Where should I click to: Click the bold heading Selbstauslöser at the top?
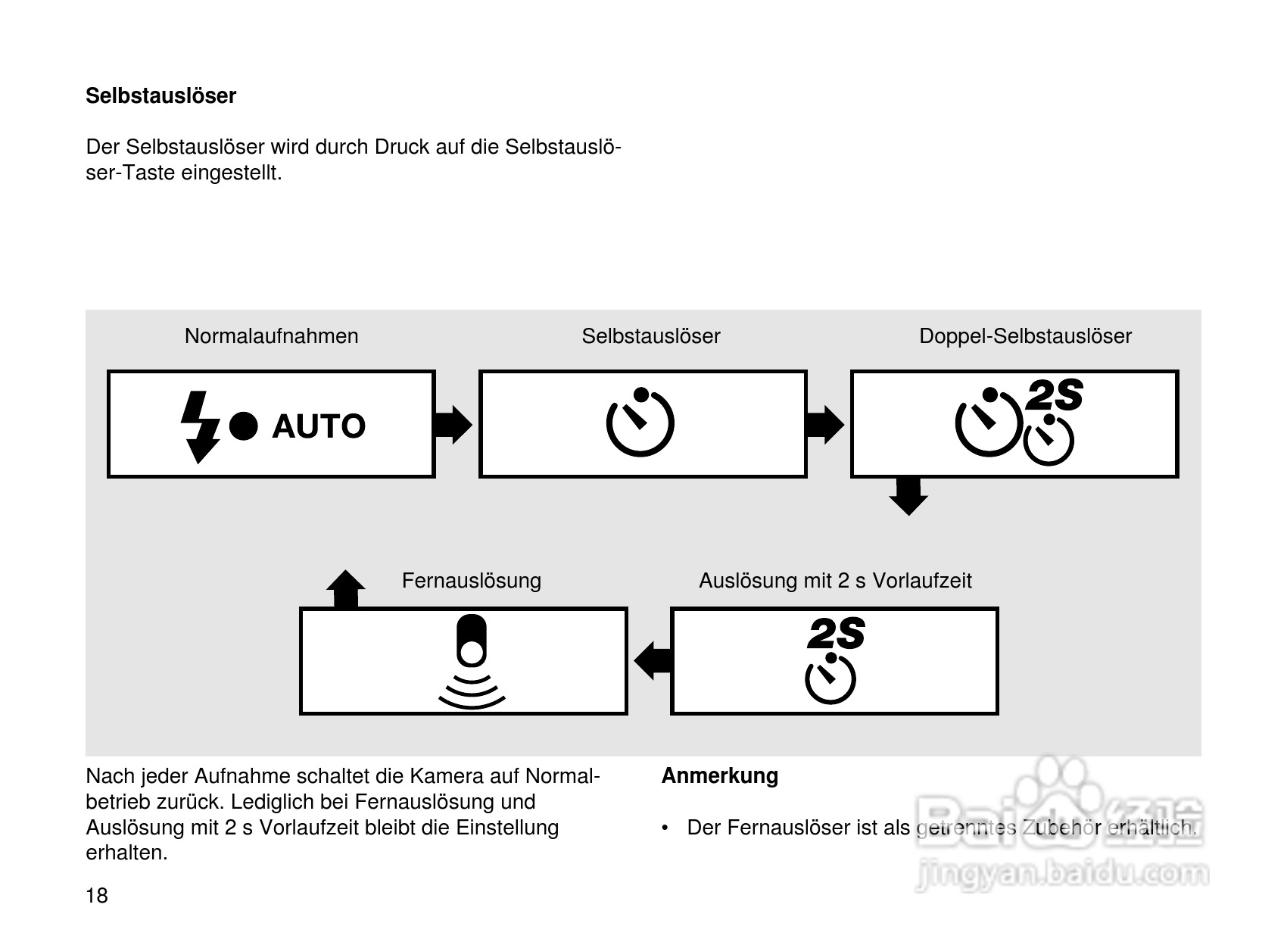160,96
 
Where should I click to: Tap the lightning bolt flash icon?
198,426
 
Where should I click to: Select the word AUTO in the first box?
319,427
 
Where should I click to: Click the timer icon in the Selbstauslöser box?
640,423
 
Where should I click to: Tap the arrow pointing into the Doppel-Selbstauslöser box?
825,425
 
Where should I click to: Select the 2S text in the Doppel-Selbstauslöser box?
1054,395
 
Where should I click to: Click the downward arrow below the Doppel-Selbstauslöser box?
908,496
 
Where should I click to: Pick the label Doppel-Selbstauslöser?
1025,336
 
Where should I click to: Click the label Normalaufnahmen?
272,336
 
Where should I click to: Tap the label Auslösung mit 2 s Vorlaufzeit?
835,581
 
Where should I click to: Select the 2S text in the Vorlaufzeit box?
836,634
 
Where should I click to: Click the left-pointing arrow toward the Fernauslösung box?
652,660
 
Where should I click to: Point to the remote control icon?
472,663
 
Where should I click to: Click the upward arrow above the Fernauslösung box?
346,588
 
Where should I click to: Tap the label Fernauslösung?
472,581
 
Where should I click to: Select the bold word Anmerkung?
720,775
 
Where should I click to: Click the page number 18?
97,896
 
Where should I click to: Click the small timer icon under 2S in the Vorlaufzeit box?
830,679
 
